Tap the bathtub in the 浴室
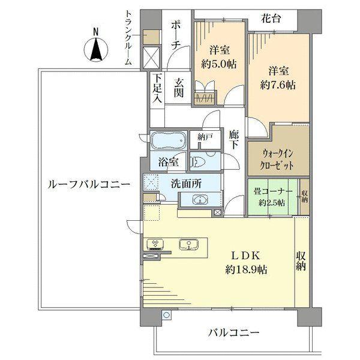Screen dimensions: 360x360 click(x=168, y=142)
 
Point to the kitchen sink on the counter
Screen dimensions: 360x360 click(x=190, y=245)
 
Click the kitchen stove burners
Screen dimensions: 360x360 click(x=155, y=245)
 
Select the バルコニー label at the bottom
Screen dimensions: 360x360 click(x=234, y=332)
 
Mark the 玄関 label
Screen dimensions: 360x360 click(x=179, y=88)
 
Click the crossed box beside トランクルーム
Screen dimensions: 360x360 click(x=151, y=58)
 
